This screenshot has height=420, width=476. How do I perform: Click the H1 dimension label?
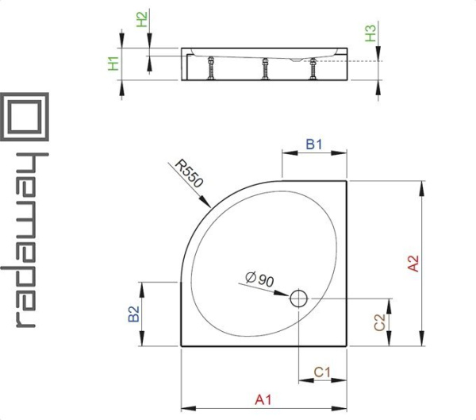pyautogui.click(x=113, y=64)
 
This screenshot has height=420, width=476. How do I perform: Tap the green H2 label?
pyautogui.click(x=142, y=19)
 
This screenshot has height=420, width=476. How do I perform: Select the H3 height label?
pyautogui.click(x=370, y=33)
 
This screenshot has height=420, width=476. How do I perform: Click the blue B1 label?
pyautogui.click(x=314, y=144)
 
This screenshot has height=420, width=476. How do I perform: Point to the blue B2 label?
pyautogui.click(x=134, y=314)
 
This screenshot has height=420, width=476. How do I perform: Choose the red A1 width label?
pyautogui.click(x=263, y=400)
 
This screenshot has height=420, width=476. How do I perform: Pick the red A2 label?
pyautogui.click(x=413, y=263)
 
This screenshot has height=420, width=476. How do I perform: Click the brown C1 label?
pyautogui.click(x=322, y=372)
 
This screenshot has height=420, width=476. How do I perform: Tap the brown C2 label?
pyautogui.click(x=379, y=322)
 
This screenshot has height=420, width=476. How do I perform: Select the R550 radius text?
pyautogui.click(x=188, y=174)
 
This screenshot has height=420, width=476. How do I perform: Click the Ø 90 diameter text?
pyautogui.click(x=259, y=279)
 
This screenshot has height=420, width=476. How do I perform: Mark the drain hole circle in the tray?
pyautogui.click(x=299, y=299)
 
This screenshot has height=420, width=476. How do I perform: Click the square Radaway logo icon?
pyautogui.click(x=25, y=117)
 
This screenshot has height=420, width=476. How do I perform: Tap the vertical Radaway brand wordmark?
pyautogui.click(x=25, y=240)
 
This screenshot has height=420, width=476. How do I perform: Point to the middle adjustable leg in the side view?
pyautogui.click(x=265, y=69)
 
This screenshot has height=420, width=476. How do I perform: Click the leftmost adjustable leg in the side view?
pyautogui.click(x=210, y=68)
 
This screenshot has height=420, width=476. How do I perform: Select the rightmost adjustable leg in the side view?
pyautogui.click(x=313, y=69)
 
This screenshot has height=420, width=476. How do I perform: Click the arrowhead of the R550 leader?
pyautogui.click(x=205, y=202)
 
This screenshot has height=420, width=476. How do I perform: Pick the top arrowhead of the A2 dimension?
pyautogui.click(x=421, y=188)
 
